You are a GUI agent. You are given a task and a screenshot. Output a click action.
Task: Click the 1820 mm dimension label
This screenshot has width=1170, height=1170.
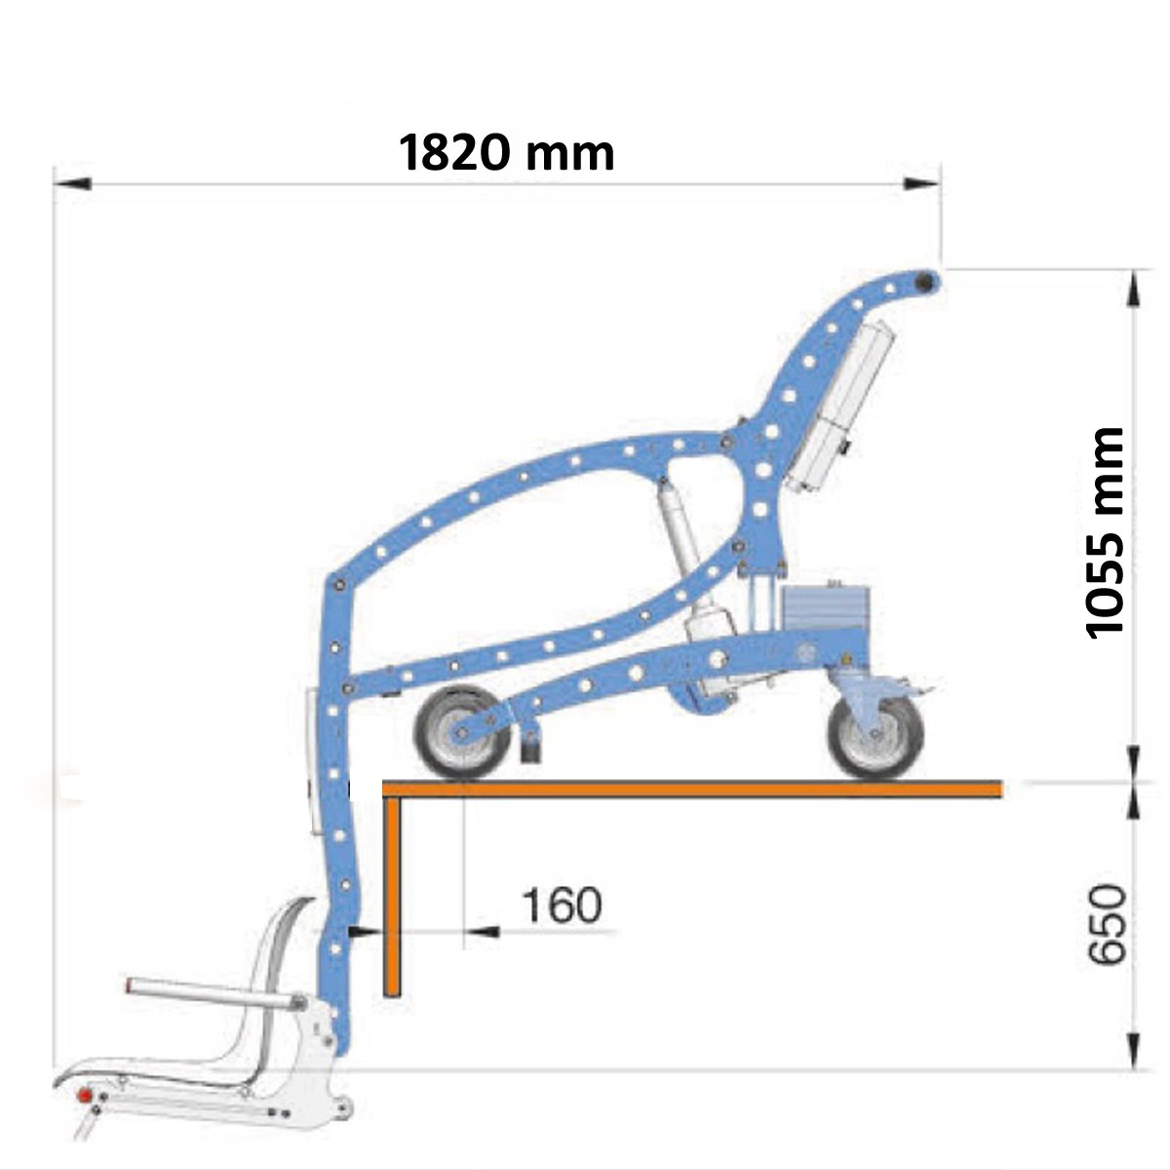click(506, 153)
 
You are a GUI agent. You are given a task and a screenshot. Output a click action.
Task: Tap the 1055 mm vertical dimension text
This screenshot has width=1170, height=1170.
click(1103, 533)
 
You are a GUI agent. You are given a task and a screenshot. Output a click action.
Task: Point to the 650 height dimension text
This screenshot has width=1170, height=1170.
click(1107, 933)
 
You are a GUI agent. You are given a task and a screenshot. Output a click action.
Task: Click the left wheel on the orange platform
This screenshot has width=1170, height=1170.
click(462, 731)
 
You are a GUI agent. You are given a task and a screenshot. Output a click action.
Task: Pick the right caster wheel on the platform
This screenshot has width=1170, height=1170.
click(876, 737)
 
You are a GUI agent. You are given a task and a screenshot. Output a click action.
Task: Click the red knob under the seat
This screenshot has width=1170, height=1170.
click(85, 1095)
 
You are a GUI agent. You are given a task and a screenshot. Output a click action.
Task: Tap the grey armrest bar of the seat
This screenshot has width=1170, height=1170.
click(213, 994)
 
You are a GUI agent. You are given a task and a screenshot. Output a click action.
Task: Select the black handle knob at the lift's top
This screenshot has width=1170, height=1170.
click(923, 282)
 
